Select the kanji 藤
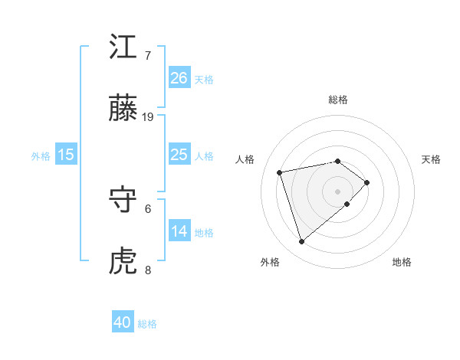[123, 110]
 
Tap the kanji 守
[123, 201]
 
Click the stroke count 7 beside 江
[147, 56]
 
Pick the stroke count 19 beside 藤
[148, 117]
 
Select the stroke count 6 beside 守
[148, 208]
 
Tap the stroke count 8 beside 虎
[148, 270]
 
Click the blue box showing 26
[179, 77]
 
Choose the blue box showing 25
[179, 155]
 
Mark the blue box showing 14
[179, 231]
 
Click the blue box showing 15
[66, 155]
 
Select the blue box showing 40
[123, 322]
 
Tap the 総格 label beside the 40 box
[147, 324]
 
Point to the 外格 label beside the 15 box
[41, 156]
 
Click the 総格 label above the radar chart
[337, 100]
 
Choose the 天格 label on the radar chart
[432, 159]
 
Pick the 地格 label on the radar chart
[402, 262]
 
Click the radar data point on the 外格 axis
[301, 241]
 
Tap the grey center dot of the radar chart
[337, 190]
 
